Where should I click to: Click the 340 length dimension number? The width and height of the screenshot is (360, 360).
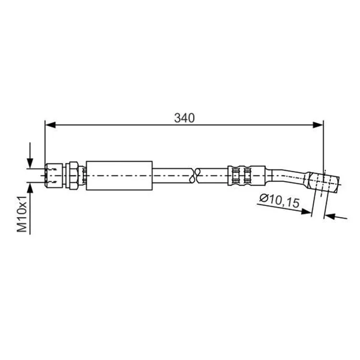(184, 118)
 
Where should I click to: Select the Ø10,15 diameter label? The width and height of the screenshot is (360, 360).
(279, 201)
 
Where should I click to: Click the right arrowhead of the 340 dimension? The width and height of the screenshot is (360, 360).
(318, 125)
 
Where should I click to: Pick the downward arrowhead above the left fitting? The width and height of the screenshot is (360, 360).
(30, 163)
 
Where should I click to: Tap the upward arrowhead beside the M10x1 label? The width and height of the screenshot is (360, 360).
(30, 188)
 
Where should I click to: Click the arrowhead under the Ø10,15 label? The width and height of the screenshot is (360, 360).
(306, 212)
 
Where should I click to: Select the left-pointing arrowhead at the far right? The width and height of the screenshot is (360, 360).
(330, 216)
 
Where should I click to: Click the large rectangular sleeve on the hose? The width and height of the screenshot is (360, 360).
(119, 176)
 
